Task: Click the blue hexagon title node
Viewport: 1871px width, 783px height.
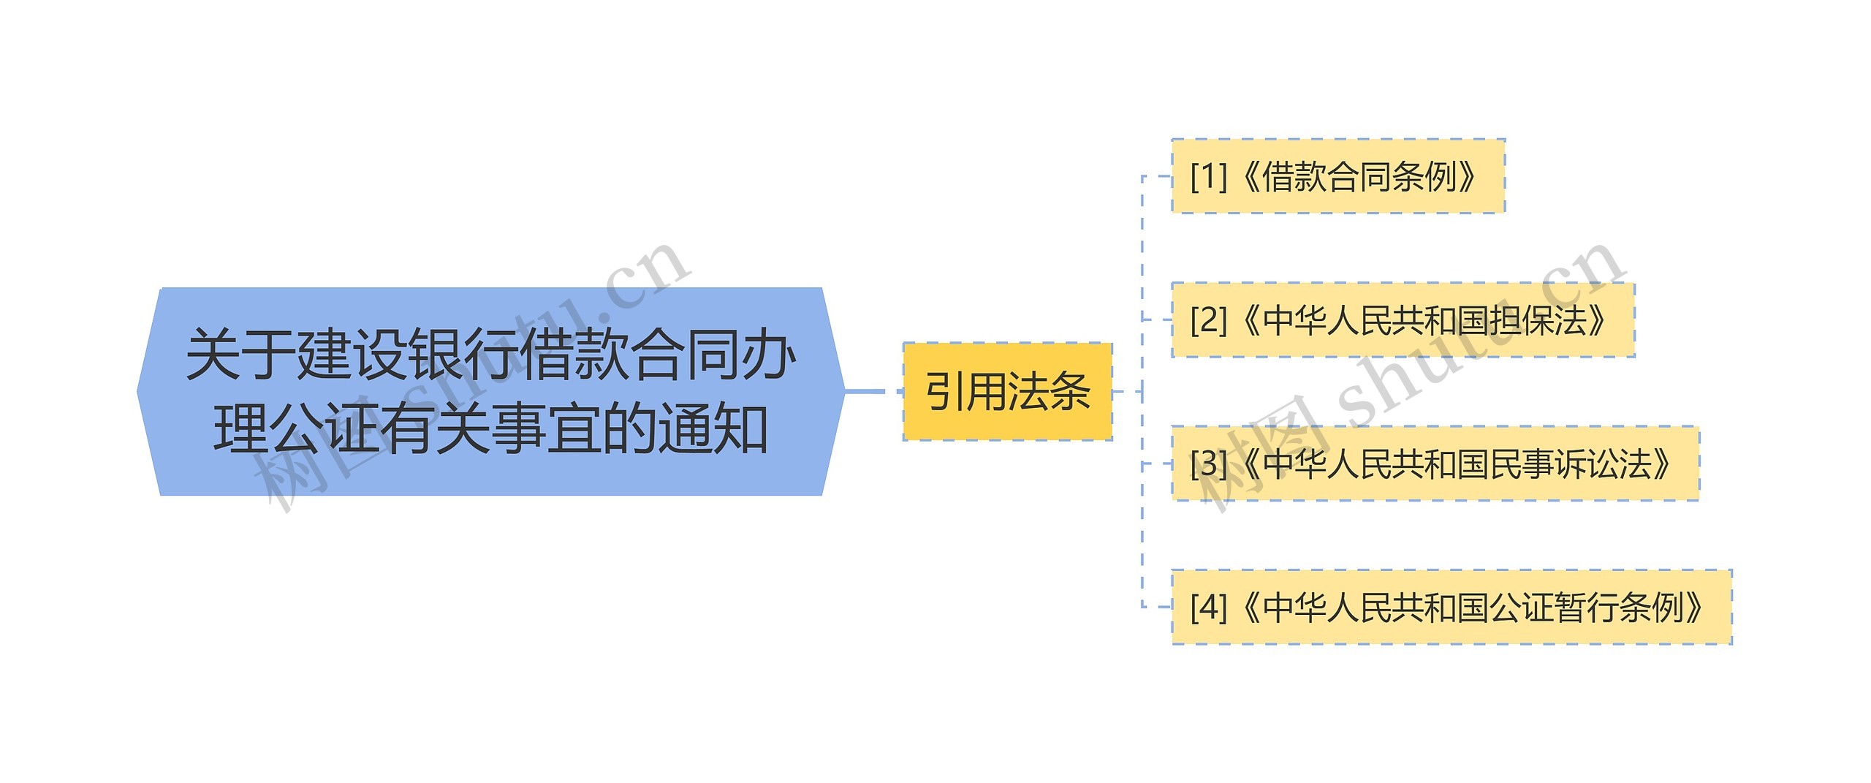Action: tap(490, 392)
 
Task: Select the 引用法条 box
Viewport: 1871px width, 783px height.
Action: tap(1007, 392)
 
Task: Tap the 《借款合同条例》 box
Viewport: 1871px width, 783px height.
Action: tap(1337, 176)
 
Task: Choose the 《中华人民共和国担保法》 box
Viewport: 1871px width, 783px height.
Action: tap(1403, 320)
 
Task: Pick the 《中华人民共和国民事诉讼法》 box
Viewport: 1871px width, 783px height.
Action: tap(1435, 464)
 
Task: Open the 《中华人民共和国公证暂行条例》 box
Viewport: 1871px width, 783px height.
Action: tap(1451, 607)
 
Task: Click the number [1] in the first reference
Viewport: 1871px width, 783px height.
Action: tap(1208, 176)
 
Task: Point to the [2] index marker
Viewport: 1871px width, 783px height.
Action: tap(1208, 320)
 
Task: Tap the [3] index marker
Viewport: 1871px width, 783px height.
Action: tap(1208, 464)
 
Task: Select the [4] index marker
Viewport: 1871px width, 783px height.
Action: tap(1208, 607)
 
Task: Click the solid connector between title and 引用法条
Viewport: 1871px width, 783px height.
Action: tap(865, 392)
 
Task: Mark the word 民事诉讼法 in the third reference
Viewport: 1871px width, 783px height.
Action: tap(1571, 464)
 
